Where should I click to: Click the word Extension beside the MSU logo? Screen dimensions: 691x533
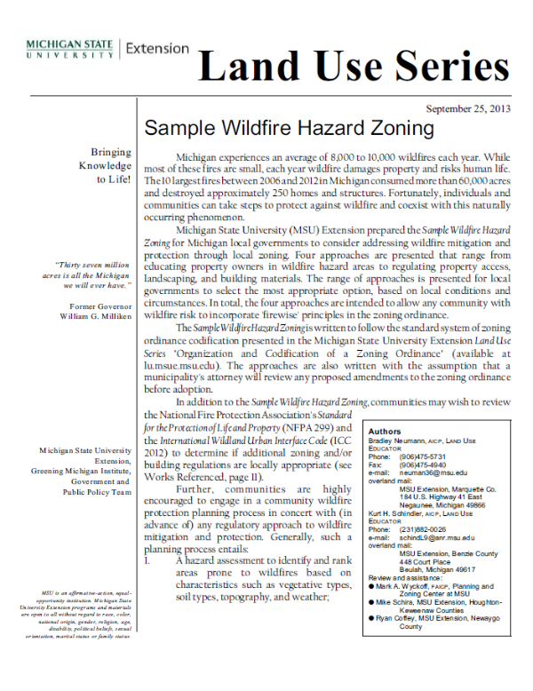(158, 48)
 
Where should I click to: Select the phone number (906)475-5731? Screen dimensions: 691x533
(425, 457)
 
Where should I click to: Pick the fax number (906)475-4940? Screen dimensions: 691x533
(425, 465)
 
